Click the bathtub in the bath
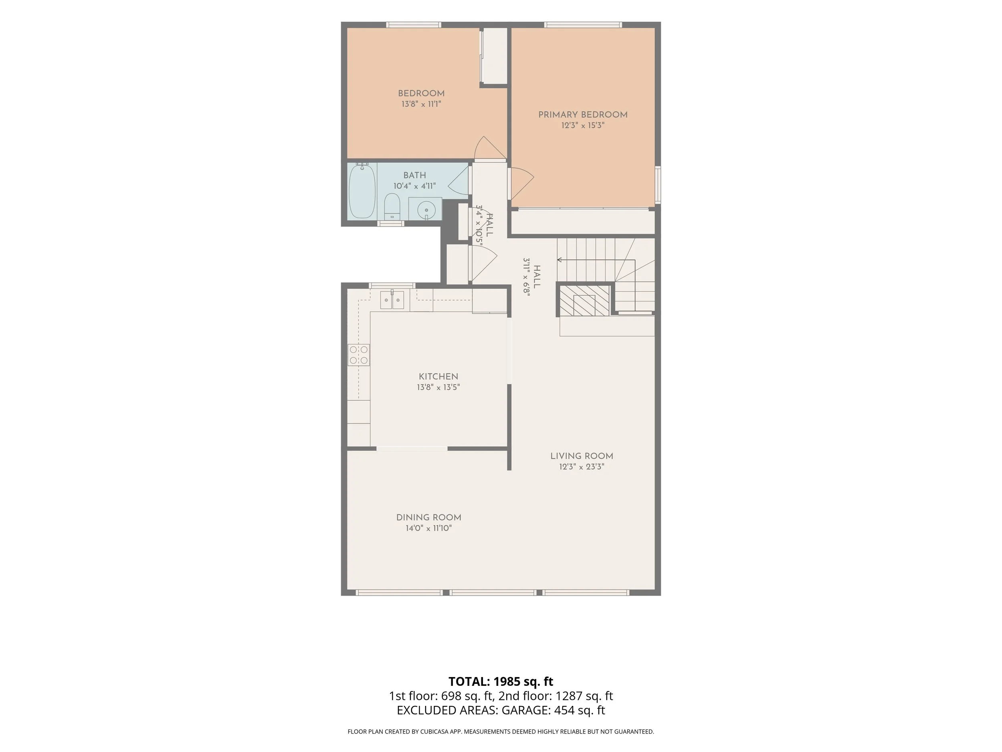click(362, 191)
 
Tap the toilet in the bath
click(392, 207)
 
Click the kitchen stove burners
click(358, 355)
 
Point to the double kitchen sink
click(392, 300)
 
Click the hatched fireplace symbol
click(584, 300)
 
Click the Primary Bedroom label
click(582, 115)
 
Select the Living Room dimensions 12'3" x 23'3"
click(582, 467)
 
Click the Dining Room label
click(428, 518)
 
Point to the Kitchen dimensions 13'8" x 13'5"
click(438, 387)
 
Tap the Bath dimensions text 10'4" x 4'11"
click(414, 186)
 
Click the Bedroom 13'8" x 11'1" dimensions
click(421, 104)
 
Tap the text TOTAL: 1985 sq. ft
click(501, 681)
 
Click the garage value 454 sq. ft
click(580, 710)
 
